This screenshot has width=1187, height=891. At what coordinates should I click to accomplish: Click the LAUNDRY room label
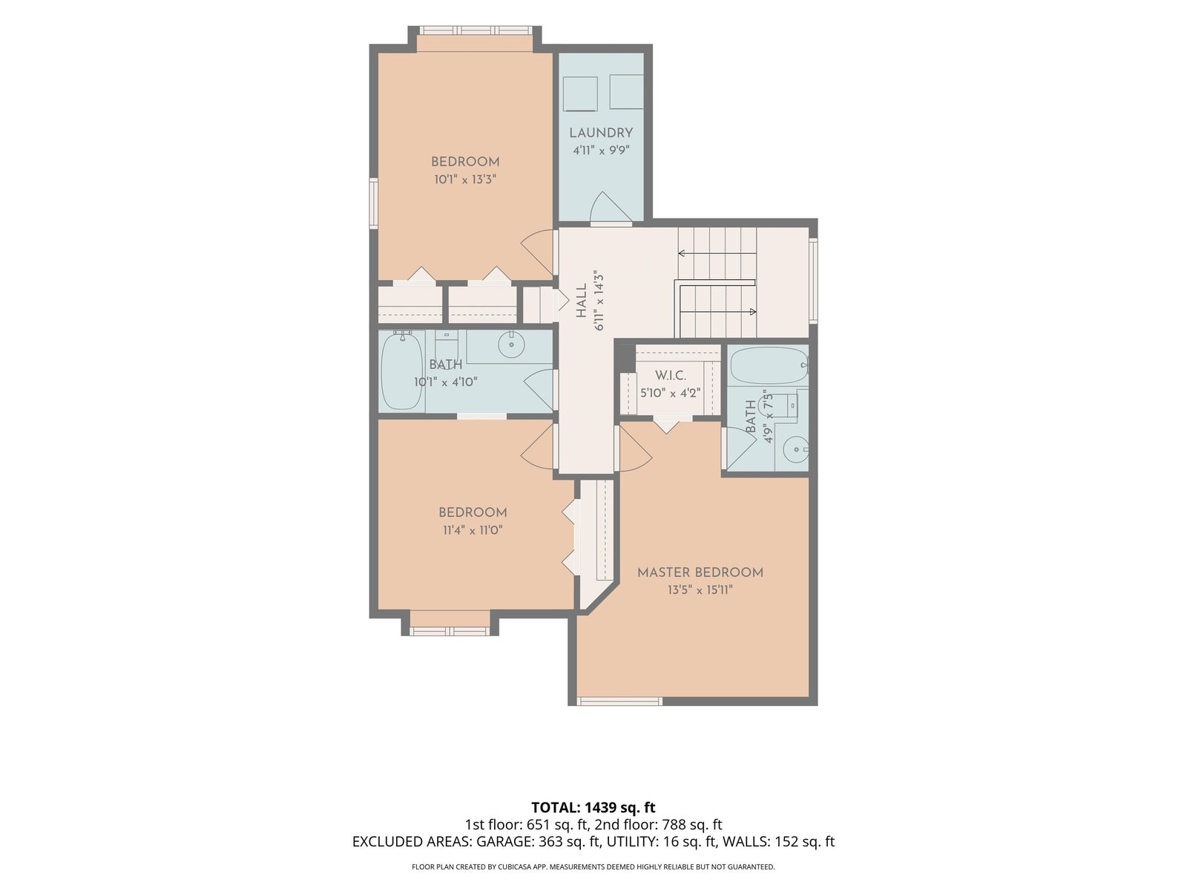(x=601, y=133)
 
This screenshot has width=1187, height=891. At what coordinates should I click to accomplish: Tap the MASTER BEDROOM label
(x=700, y=572)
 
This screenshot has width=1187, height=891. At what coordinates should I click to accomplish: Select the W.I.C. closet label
(x=671, y=376)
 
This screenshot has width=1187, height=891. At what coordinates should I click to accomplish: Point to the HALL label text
(x=582, y=301)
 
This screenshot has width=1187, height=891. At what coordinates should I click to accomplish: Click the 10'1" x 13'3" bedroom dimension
(x=465, y=179)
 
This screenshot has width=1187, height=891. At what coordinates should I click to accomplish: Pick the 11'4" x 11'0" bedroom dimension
(x=473, y=530)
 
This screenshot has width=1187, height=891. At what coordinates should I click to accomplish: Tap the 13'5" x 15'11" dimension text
(x=700, y=590)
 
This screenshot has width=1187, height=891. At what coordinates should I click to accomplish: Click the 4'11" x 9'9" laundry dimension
(x=602, y=150)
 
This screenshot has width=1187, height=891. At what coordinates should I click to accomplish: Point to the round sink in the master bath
(x=795, y=449)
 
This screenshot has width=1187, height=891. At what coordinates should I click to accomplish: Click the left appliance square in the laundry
(x=579, y=93)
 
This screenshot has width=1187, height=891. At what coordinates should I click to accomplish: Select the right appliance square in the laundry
(x=627, y=91)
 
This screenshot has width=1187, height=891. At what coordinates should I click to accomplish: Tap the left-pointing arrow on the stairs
(x=717, y=252)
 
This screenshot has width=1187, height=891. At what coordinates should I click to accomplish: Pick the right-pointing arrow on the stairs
(x=718, y=312)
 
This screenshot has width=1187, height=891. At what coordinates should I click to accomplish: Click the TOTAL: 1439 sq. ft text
(x=593, y=808)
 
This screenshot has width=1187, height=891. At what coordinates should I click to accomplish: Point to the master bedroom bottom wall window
(x=619, y=702)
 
